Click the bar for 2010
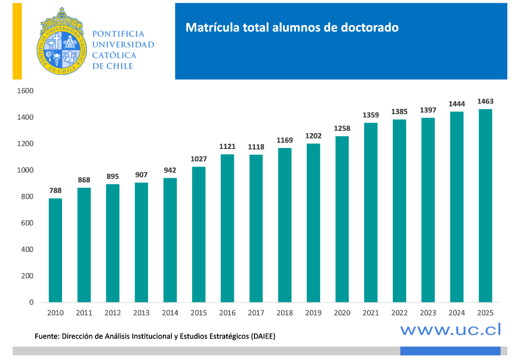pyautogui.click(x=55, y=250)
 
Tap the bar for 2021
pyautogui.click(x=370, y=212)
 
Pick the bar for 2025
pyautogui.click(x=485, y=205)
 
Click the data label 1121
pyautogui.click(x=228, y=147)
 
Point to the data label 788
pyautogui.click(x=55, y=191)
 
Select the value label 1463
pyautogui.click(x=485, y=101)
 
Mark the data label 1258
pyautogui.click(x=342, y=128)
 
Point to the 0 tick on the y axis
pyautogui.click(x=31, y=302)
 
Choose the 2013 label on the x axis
pyautogui.click(x=141, y=313)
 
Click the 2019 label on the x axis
pyautogui.click(x=313, y=313)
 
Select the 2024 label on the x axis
pyautogui.click(x=456, y=313)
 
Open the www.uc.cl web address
pyautogui.click(x=451, y=329)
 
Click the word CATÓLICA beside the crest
pyautogui.click(x=115, y=55)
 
